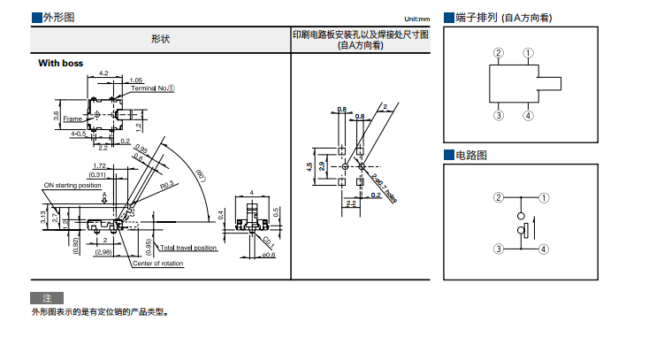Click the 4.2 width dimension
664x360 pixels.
pos(103,73)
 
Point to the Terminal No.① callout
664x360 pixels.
pos(153,88)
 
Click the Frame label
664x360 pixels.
pos(72,119)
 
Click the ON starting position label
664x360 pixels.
pos(73,186)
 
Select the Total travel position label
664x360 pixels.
pos(189,249)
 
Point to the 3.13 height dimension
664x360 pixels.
pos(43,215)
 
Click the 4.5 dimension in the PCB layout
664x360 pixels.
pos(309,166)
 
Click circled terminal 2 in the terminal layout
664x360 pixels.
pos(499,53)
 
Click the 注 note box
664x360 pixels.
pos(47,297)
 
